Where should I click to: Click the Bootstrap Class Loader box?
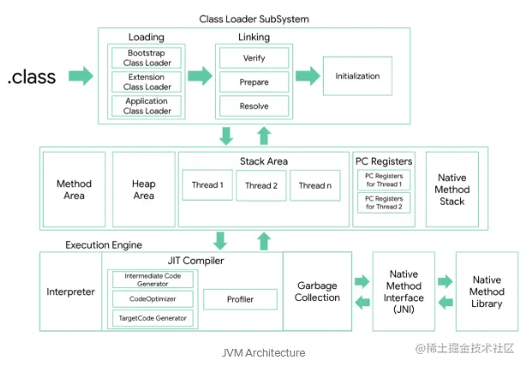(146, 57)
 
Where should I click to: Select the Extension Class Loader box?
(146, 81)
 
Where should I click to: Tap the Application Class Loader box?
(146, 105)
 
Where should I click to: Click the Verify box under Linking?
(254, 57)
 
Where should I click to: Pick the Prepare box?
(254, 81)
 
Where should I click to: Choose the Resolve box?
(254, 105)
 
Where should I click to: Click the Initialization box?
(357, 76)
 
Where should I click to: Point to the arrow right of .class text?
(81, 76)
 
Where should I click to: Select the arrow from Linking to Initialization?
(308, 76)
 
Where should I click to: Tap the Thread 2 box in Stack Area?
(261, 185)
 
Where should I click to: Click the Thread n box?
(315, 185)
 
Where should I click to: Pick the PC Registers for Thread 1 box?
(384, 180)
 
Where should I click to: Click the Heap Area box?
(144, 189)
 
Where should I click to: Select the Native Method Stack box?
(451, 189)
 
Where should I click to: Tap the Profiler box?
(240, 299)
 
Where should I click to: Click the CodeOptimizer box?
(152, 299)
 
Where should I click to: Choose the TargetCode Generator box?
(152, 318)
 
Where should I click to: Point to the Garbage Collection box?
(317, 291)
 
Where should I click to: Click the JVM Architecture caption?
(263, 352)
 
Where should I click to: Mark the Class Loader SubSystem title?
(254, 19)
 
